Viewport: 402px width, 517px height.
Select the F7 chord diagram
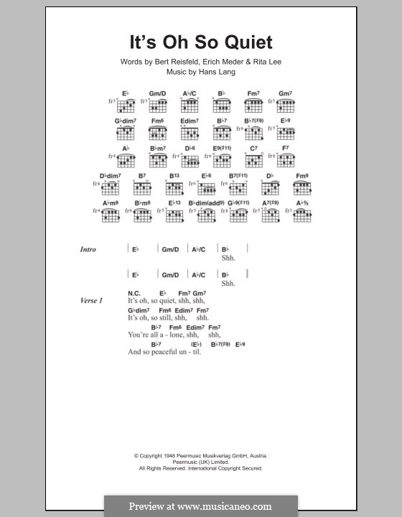click(285, 159)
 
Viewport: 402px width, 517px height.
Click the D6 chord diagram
click(190, 159)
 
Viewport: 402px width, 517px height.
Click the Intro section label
click(88, 250)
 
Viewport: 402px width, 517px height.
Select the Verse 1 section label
click(91, 300)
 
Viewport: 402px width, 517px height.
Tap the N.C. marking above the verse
click(134, 293)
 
